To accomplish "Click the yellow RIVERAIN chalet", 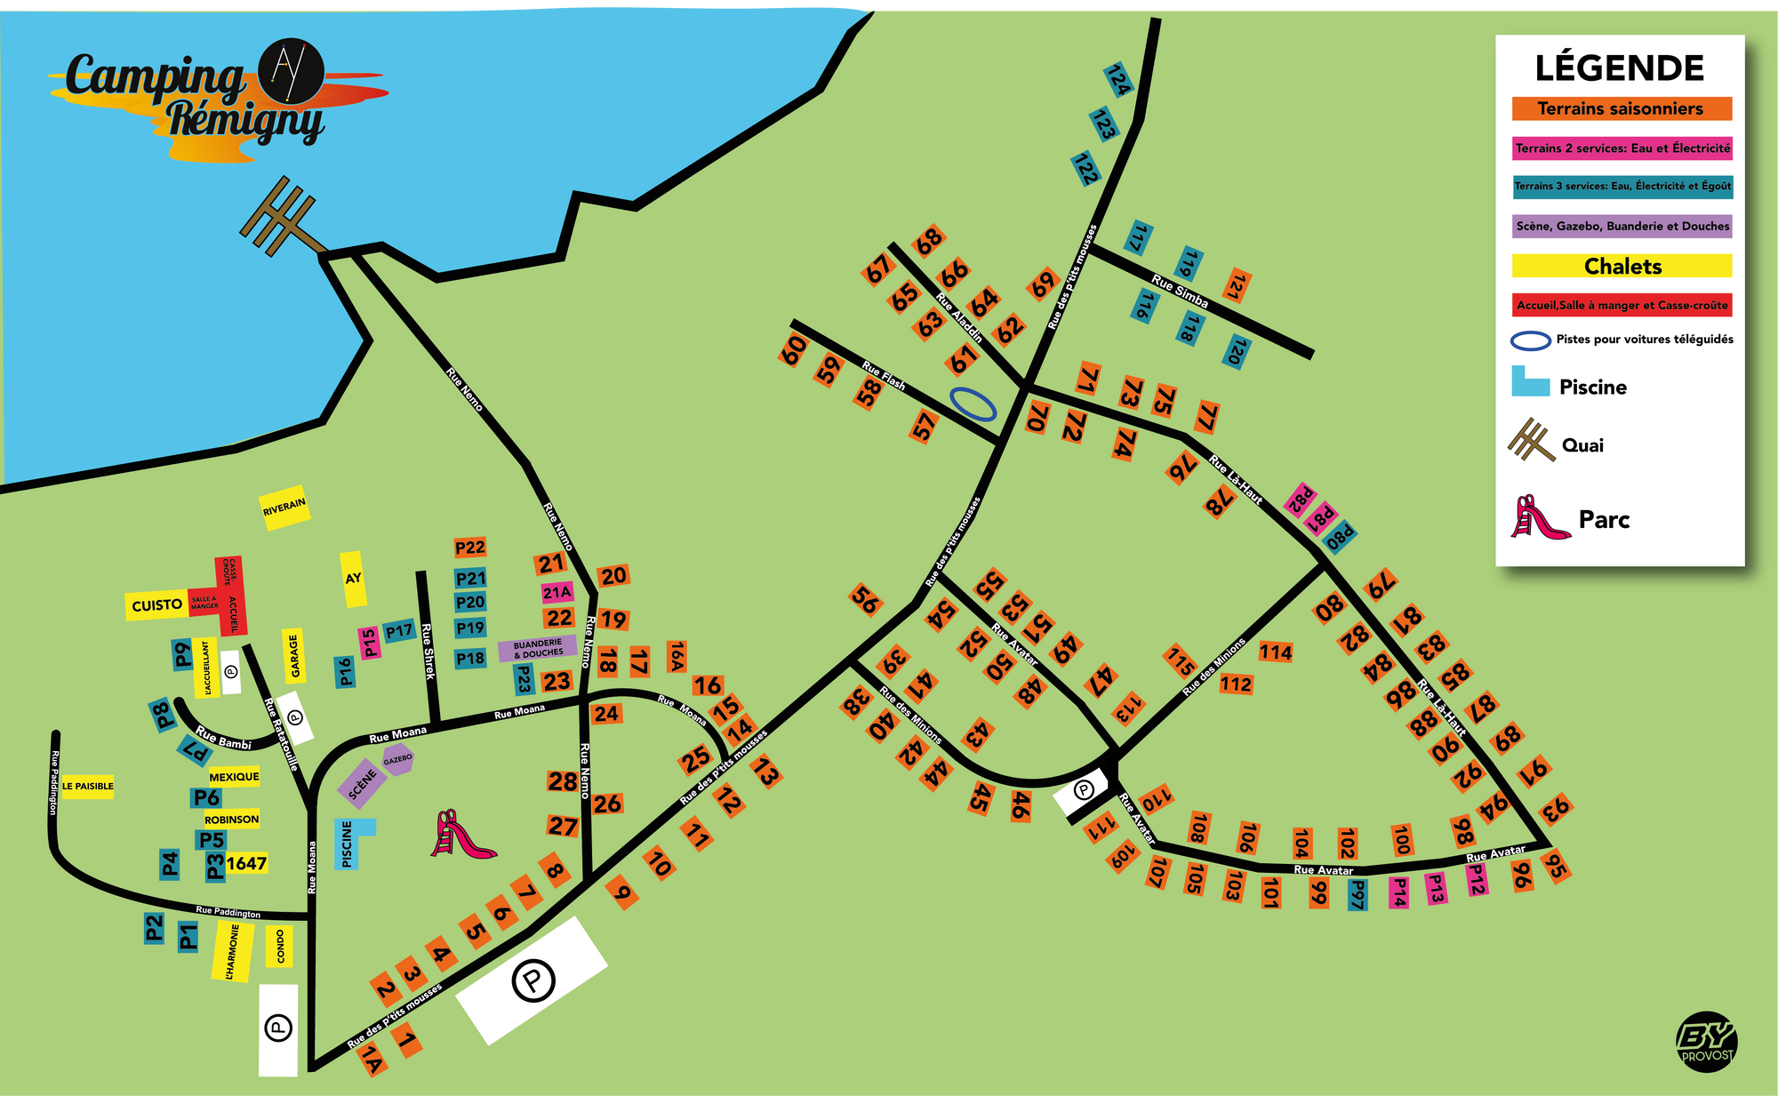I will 284,508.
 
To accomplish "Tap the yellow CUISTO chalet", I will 156,605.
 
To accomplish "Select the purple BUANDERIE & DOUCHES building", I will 537,648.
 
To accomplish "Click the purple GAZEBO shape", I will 397,760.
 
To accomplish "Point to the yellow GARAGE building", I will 294,656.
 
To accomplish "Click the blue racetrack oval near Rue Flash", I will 973,404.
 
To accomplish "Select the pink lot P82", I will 1301,500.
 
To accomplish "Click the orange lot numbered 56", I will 865,599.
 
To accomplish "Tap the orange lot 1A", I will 372,1061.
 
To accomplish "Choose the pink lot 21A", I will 557,592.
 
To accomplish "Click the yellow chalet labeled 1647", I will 246,863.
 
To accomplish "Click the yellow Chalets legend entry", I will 1622,266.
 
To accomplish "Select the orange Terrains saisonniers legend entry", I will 1622,108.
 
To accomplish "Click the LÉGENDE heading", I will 1619,68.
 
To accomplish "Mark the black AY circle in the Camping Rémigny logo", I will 290,70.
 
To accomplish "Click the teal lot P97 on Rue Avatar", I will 1357,894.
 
